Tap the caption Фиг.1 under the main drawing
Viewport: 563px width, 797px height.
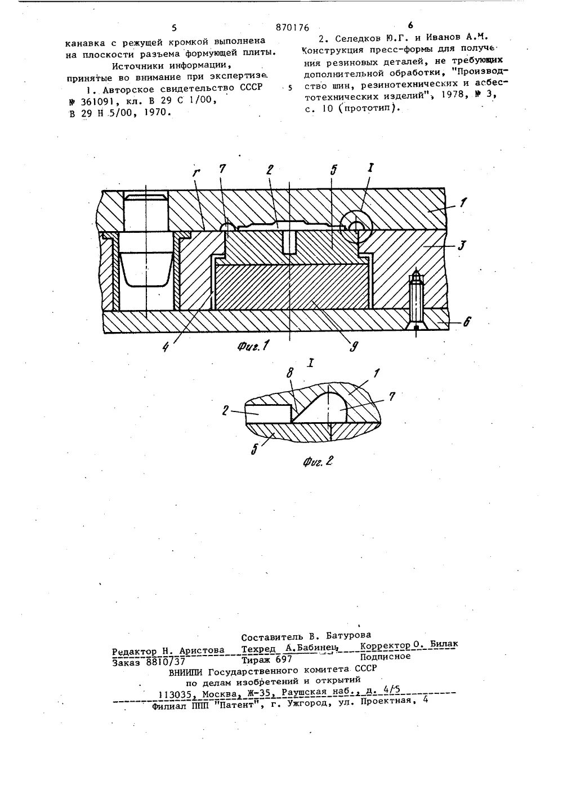[x=248, y=346]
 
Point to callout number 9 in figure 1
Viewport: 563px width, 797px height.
[x=354, y=347]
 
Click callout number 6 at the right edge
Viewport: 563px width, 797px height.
[x=466, y=322]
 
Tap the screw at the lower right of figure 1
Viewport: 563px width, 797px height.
[x=416, y=302]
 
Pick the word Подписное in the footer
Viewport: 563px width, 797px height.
[x=385, y=656]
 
